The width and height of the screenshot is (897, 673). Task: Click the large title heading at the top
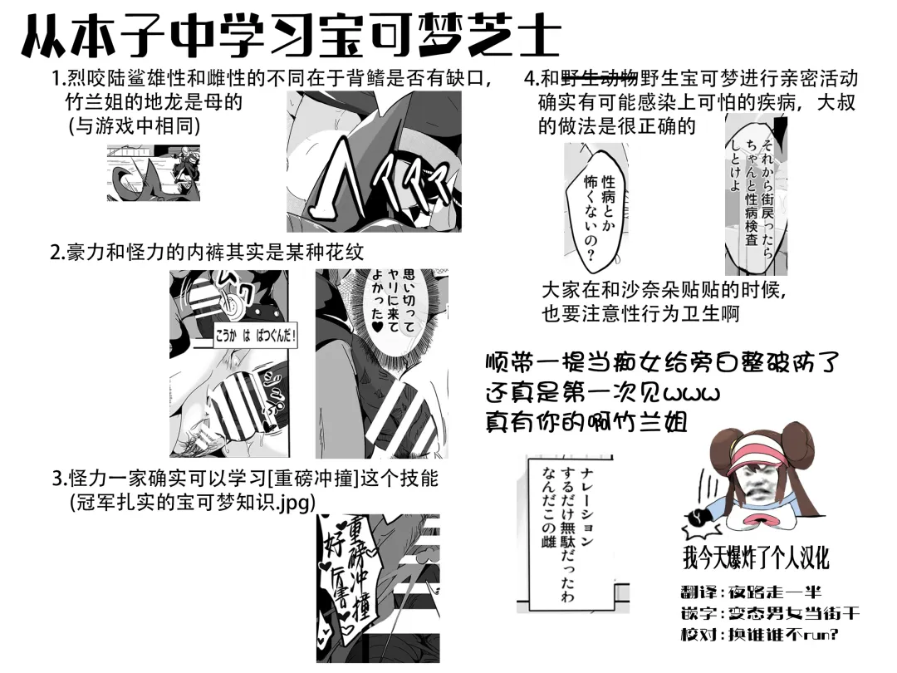pos(291,37)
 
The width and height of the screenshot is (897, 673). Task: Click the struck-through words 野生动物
pos(600,79)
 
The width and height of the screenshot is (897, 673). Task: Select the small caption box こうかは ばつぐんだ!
pos(256,337)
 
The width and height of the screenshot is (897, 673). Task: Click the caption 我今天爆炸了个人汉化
pos(756,558)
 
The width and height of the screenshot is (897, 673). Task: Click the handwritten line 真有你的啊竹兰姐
pos(586,421)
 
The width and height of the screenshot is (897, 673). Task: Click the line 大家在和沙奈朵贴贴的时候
pos(663,290)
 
